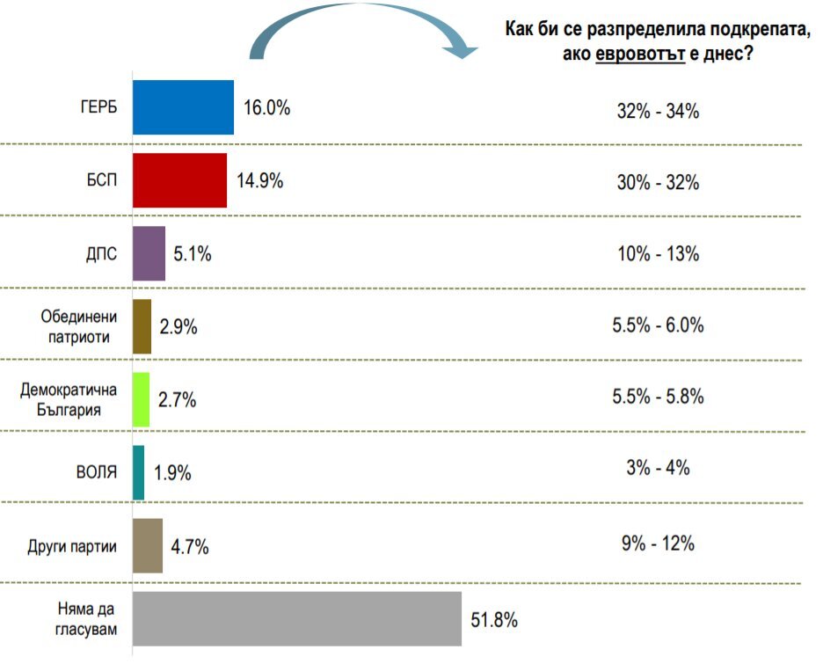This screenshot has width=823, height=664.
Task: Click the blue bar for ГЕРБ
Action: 183,107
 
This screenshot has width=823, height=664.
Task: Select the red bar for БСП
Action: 179,180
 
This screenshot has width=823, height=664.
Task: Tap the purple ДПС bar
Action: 149,253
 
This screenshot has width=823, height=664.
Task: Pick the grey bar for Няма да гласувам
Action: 297,619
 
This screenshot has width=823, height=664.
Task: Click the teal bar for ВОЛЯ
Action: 139,473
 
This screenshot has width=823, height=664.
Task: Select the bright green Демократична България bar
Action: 142,400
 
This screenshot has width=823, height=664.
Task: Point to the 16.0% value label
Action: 266,107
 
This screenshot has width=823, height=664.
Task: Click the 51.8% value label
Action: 494,620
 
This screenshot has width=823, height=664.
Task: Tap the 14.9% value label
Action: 259,180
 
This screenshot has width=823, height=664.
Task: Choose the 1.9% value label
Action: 172,473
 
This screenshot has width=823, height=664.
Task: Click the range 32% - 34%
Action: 659,112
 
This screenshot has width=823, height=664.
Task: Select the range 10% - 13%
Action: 659,254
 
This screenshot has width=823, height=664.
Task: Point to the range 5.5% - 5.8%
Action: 659,397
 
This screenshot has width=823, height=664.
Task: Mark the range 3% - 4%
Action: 659,467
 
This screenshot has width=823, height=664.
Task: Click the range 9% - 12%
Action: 659,544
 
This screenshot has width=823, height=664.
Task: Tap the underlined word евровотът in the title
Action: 640,54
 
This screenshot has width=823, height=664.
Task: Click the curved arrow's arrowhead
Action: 460,50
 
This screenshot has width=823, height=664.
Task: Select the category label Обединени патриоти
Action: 79,326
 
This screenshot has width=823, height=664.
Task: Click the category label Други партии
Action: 72,546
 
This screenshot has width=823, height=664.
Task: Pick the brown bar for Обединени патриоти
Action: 142,326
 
